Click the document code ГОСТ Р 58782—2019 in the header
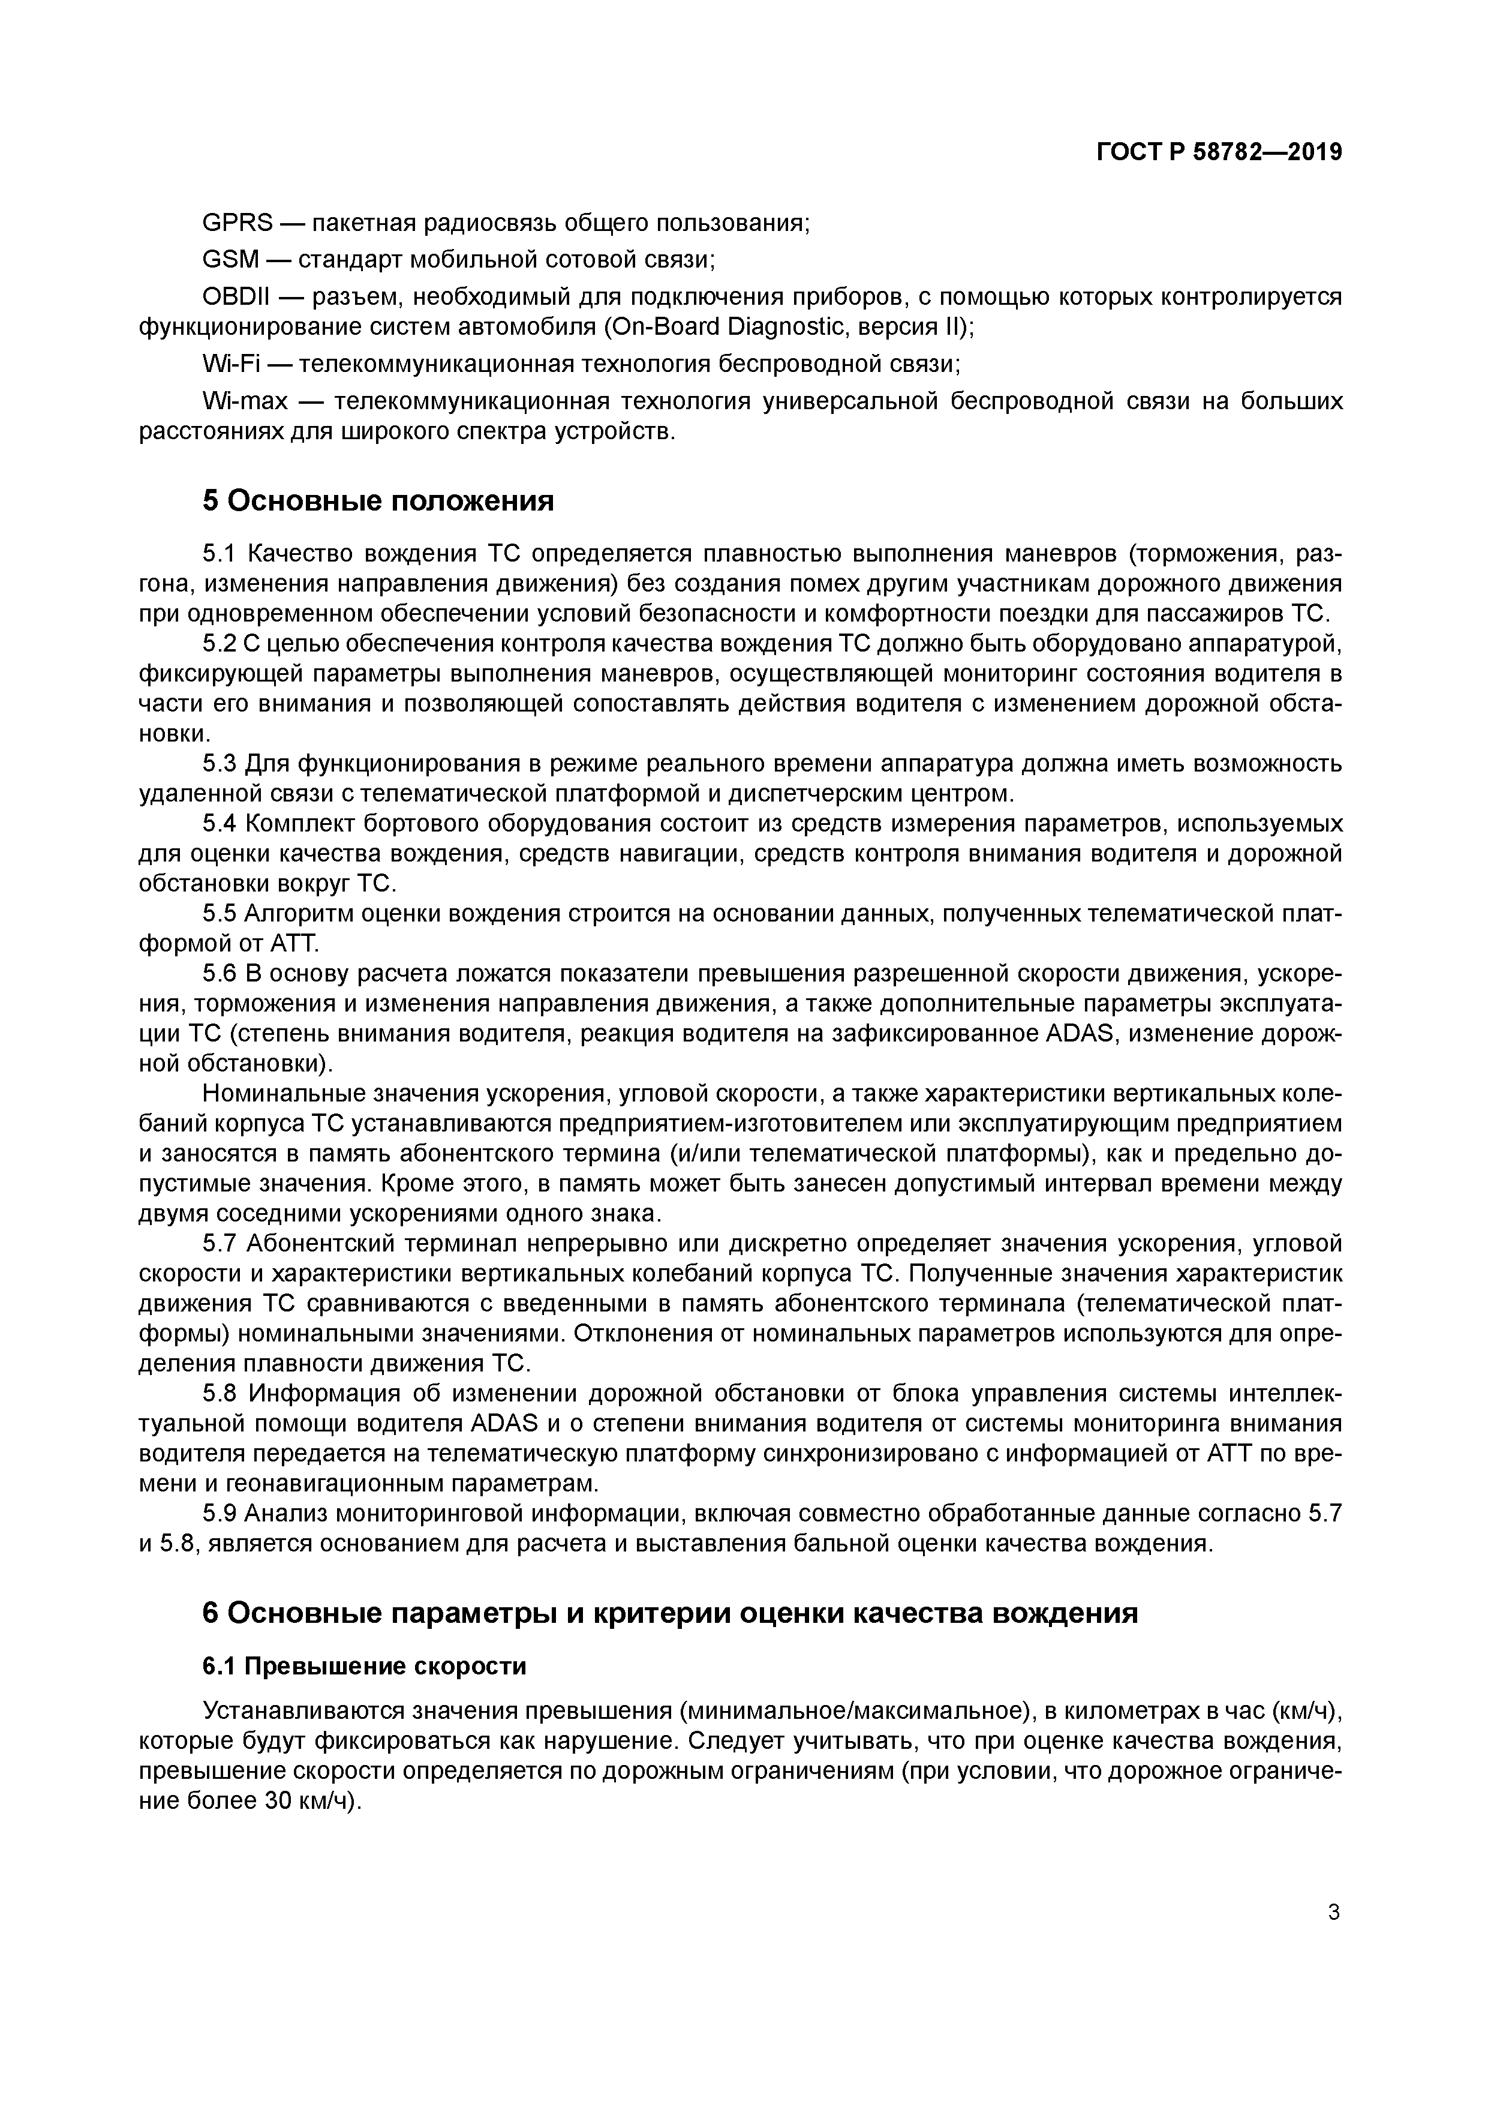click(1219, 152)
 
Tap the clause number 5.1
click(220, 554)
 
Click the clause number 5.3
click(220, 763)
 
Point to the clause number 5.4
click(220, 824)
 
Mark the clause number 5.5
click(220, 914)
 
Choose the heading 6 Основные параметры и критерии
click(670, 1613)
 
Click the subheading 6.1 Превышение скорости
click(364, 1666)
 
